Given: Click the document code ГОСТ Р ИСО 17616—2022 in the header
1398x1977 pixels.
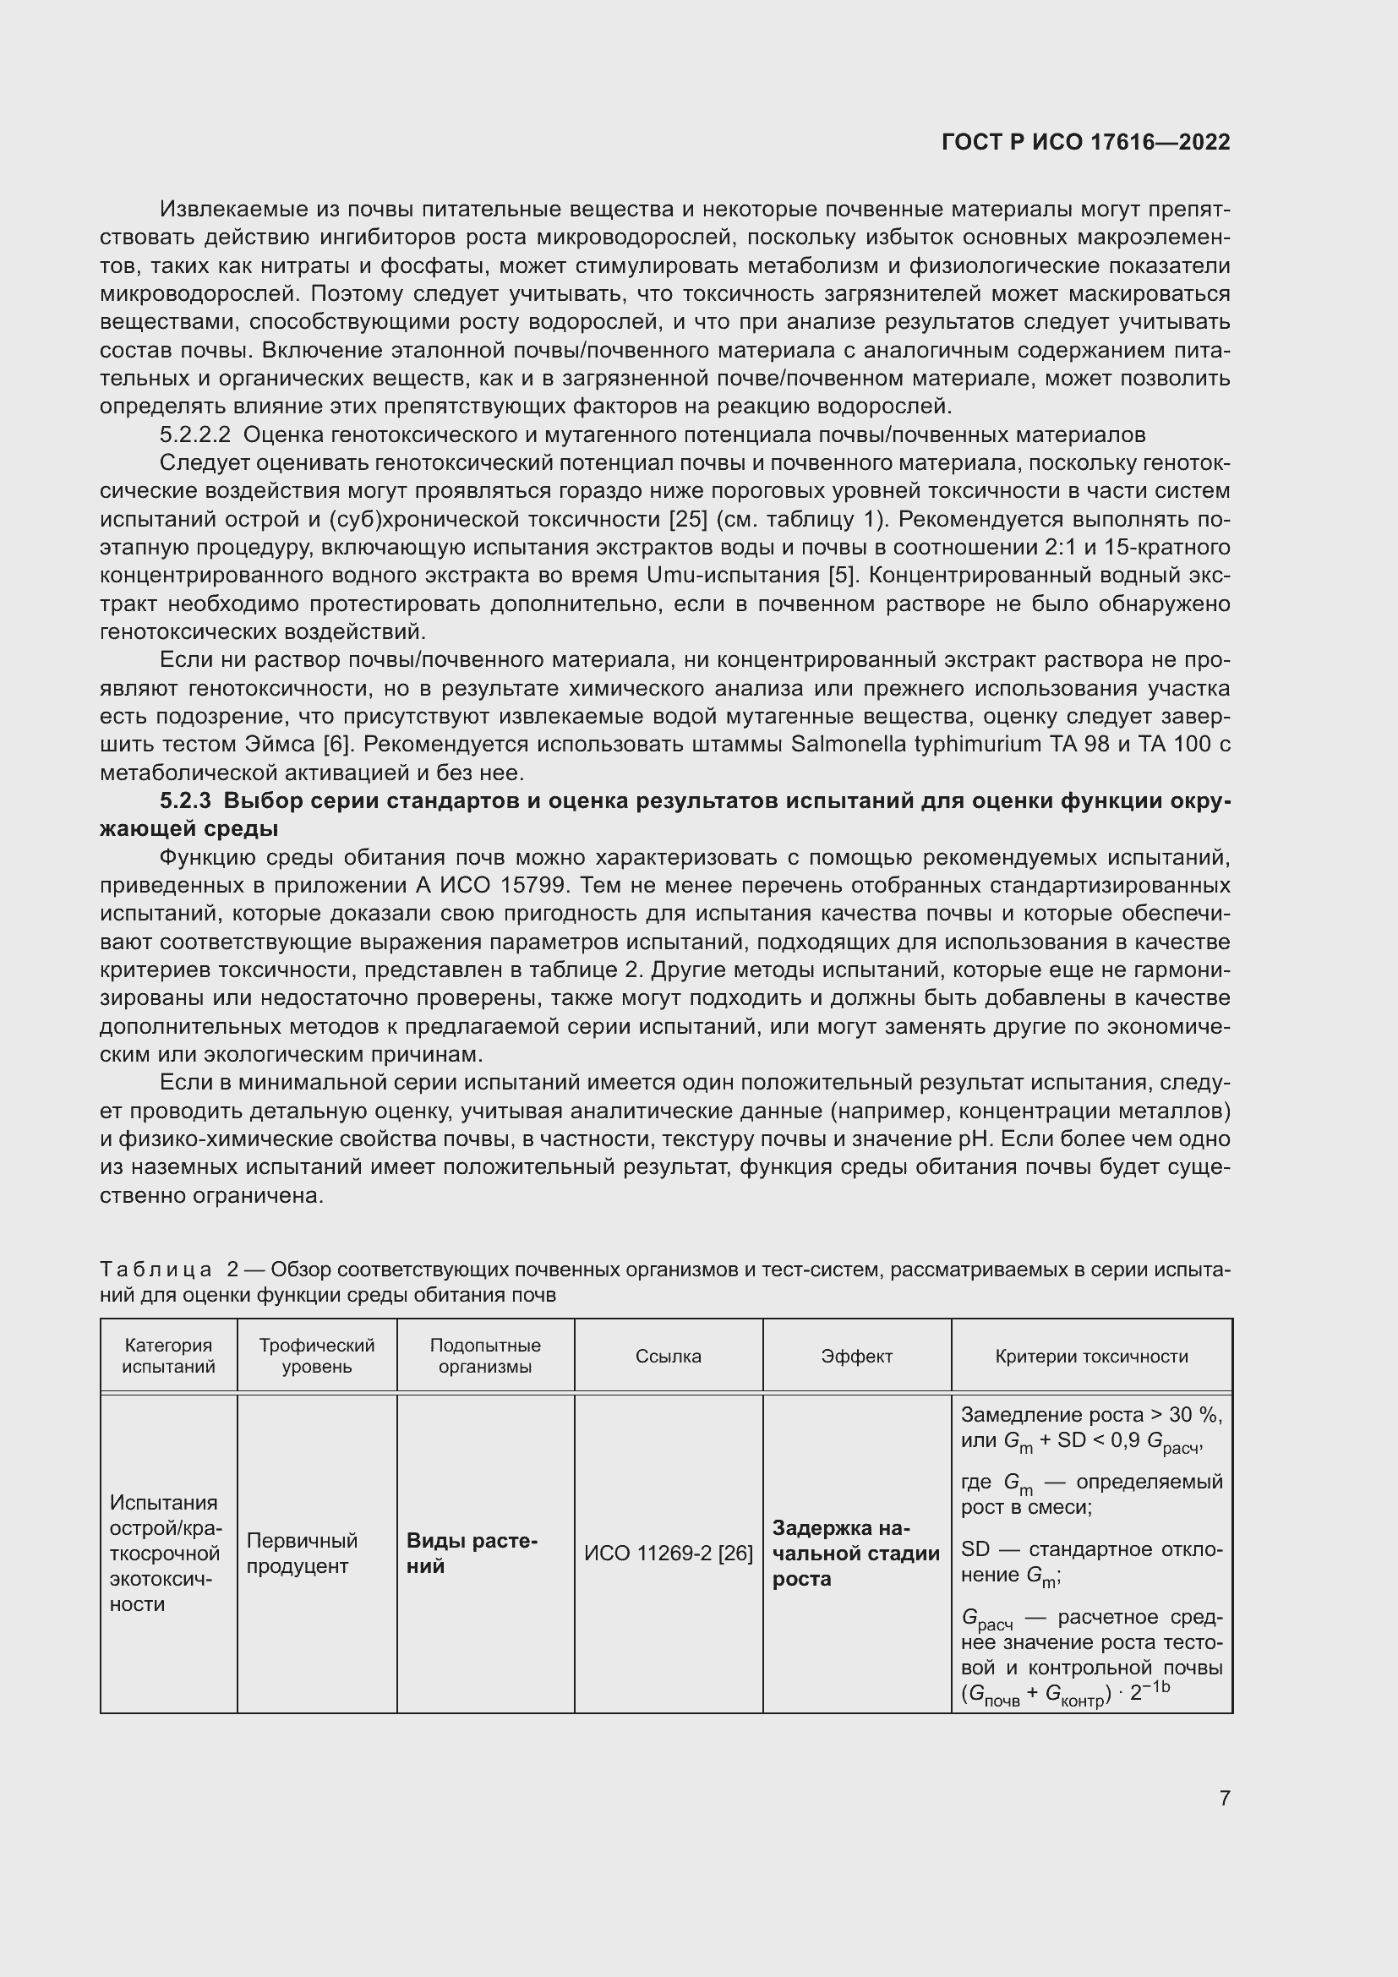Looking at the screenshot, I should click(x=1085, y=142).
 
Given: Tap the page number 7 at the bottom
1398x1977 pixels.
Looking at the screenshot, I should click(x=1224, y=1798).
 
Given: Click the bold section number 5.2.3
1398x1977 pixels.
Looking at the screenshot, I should click(x=185, y=800).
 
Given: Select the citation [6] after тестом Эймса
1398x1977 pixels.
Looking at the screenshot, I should click(x=339, y=744).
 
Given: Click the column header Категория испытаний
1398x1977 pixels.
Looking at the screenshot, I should click(x=169, y=1356).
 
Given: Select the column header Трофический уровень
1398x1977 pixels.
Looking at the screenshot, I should click(x=317, y=1356).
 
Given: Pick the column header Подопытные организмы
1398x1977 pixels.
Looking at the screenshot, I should click(x=485, y=1356).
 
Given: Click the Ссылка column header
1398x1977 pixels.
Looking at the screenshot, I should click(x=668, y=1356).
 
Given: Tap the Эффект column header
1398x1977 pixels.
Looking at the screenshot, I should click(x=856, y=1356).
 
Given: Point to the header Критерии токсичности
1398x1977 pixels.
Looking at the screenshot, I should click(x=1091, y=1356).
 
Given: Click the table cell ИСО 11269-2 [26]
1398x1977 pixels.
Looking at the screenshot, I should click(x=668, y=1554).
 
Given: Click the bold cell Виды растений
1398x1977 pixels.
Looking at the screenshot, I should click(x=472, y=1554).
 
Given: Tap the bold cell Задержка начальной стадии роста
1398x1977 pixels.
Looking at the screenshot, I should click(x=855, y=1554).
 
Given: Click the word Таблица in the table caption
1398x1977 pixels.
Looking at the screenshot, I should click(x=156, y=1270).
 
